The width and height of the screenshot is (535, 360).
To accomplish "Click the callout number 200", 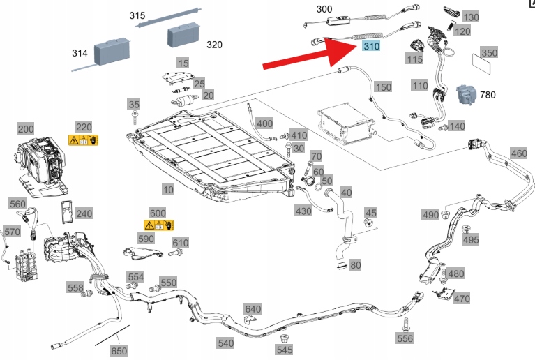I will [25, 129].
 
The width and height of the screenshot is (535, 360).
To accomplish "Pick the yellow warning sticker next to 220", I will [83, 140].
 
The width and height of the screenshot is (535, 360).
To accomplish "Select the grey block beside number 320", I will [183, 34].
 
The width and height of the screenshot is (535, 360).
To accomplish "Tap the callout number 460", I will [519, 153].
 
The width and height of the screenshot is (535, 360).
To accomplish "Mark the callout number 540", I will [225, 343].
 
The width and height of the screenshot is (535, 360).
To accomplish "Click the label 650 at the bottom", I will [119, 351].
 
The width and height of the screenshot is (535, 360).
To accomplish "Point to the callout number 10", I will [168, 189].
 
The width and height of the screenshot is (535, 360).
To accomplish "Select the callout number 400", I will [264, 123].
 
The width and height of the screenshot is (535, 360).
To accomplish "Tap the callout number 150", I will [383, 87].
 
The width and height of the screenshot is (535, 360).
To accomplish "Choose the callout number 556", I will [405, 338].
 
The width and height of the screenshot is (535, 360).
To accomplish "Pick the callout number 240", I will [84, 213].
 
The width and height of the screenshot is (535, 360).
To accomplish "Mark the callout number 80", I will [355, 265].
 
